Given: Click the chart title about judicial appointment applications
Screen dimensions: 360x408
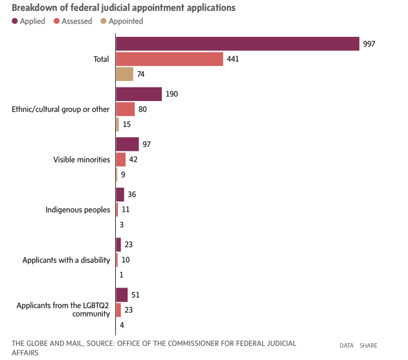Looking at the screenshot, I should pyautogui.click(x=123, y=8).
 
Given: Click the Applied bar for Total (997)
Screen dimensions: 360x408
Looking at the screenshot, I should pyautogui.click(x=238, y=43).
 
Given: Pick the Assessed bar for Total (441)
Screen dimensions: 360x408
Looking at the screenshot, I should pyautogui.click(x=170, y=59).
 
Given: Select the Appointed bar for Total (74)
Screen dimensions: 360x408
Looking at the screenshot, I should pyautogui.click(x=124, y=74).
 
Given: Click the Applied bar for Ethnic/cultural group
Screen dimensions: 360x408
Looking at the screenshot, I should pyautogui.click(x=139, y=94).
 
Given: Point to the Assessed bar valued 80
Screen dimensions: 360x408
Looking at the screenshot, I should pyautogui.click(x=125, y=109).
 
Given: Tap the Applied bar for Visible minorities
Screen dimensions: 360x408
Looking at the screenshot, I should pyautogui.click(x=127, y=144).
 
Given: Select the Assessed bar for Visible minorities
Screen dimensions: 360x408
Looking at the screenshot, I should pyautogui.click(x=120, y=159).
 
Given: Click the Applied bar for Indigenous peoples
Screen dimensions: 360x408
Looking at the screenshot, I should pyautogui.click(x=120, y=194).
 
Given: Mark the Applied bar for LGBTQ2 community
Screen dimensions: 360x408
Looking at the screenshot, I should pyautogui.click(x=122, y=295).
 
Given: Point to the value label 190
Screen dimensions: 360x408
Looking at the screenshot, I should pyautogui.click(x=172, y=94).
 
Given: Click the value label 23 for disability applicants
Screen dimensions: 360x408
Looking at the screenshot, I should pyautogui.click(x=129, y=245).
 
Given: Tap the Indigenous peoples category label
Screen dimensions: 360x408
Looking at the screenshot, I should pyautogui.click(x=78, y=210).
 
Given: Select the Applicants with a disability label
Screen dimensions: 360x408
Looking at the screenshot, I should pyautogui.click(x=66, y=260).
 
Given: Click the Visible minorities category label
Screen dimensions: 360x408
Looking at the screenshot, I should pyautogui.click(x=82, y=159).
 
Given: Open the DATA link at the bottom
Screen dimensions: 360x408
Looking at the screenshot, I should pyautogui.click(x=346, y=345).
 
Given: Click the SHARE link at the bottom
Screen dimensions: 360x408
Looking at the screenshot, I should pyautogui.click(x=368, y=345).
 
